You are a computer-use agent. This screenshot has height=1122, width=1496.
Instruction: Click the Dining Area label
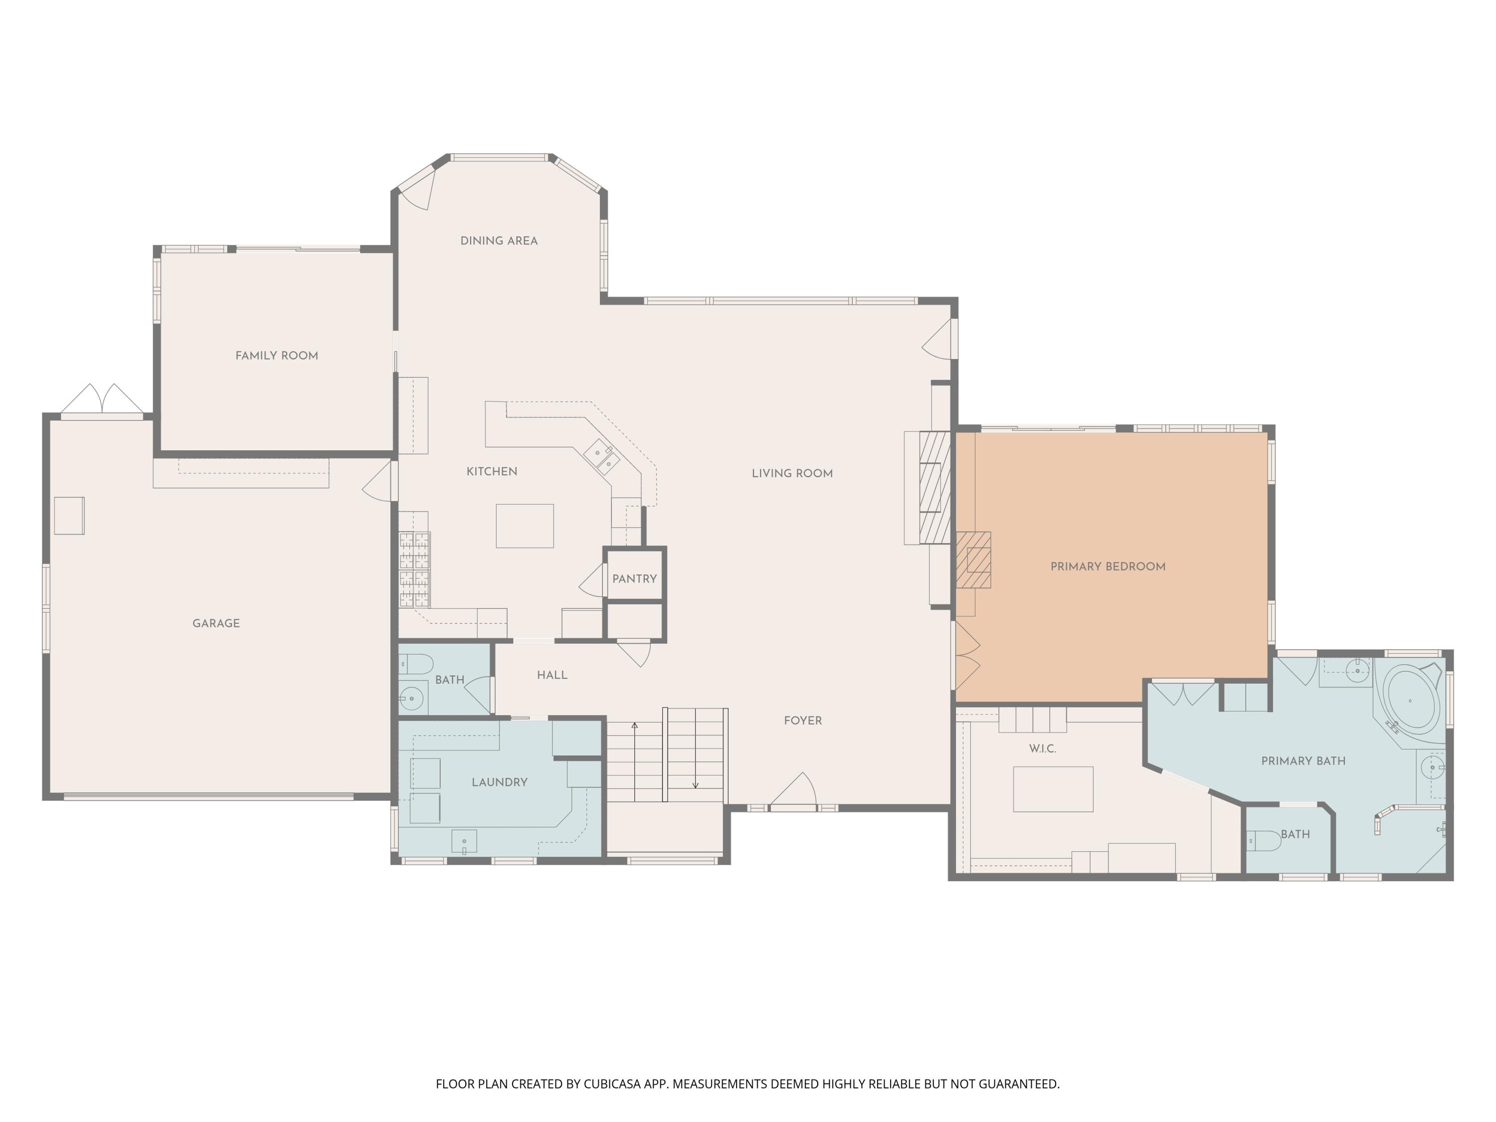tap(499, 241)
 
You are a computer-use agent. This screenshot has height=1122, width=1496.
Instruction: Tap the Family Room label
tap(277, 356)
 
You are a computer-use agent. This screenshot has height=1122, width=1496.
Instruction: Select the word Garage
tap(216, 623)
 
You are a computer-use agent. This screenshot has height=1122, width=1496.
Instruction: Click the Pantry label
tap(634, 579)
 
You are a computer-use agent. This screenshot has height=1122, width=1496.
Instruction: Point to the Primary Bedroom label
tap(1108, 567)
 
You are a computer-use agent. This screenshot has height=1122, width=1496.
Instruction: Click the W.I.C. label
tap(1043, 748)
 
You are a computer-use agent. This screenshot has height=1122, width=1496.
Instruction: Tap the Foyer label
tap(803, 721)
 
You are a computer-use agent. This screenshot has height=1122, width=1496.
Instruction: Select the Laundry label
tap(500, 782)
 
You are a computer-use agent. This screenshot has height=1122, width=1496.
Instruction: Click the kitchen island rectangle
tap(525, 526)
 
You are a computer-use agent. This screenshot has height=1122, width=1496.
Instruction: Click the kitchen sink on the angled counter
tap(602, 454)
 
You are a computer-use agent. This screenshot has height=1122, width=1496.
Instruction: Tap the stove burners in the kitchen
tap(414, 569)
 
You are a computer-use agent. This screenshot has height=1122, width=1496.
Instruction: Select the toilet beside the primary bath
tap(1263, 841)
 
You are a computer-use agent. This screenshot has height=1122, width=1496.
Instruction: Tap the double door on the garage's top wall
tap(102, 400)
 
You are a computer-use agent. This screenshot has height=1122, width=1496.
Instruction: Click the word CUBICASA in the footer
tap(611, 1084)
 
